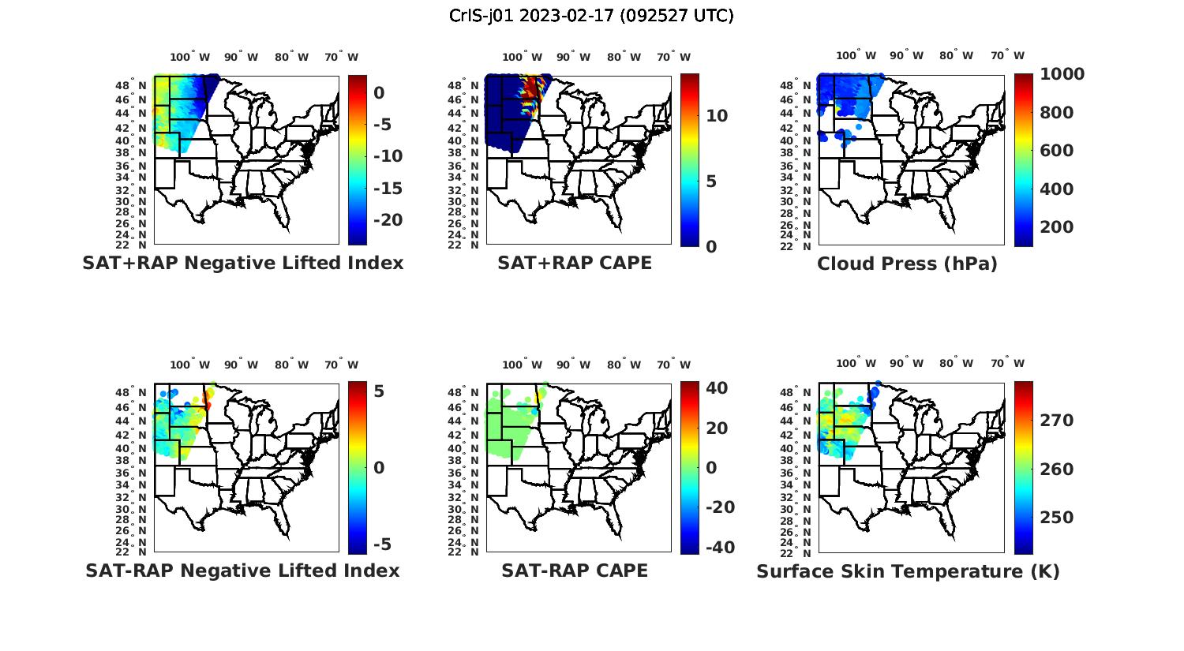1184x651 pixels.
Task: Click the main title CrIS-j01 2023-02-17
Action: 591,16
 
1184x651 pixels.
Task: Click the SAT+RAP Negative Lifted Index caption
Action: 243,264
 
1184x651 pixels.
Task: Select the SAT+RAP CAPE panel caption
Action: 575,264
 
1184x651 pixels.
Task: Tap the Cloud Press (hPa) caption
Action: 907,264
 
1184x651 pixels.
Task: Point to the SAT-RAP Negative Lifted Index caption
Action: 242,571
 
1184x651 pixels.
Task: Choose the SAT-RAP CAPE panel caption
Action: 575,571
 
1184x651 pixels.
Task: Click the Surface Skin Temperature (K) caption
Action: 908,571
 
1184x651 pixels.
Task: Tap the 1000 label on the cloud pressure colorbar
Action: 1062,74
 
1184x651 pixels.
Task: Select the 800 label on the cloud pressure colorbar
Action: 1057,113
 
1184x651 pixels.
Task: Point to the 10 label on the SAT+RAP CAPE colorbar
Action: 717,116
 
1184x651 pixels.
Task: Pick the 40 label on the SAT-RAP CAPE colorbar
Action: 717,388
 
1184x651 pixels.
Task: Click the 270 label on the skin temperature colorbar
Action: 1057,421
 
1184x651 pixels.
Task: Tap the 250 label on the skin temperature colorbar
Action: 1057,518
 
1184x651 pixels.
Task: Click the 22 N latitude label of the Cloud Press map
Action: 803,245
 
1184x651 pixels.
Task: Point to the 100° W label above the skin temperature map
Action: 856,364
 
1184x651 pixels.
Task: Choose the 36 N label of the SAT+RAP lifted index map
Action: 137,166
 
